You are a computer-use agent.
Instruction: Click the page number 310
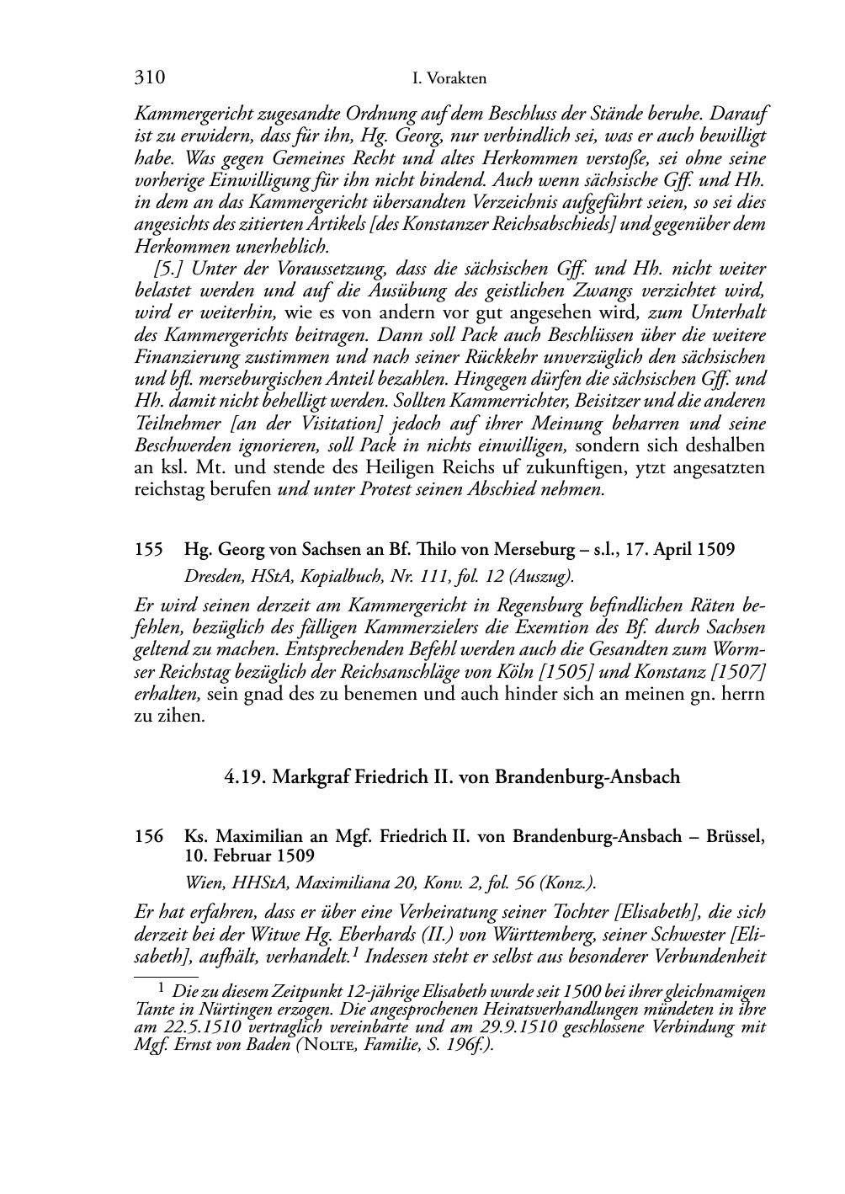[149, 78]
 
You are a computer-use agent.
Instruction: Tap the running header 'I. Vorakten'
[450, 79]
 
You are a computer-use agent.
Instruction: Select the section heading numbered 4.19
[452, 776]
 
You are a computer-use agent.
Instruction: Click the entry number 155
[148, 550]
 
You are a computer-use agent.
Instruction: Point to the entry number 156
[148, 838]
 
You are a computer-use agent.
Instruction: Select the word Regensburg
[545, 606]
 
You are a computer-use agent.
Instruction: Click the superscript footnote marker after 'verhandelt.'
[357, 952]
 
